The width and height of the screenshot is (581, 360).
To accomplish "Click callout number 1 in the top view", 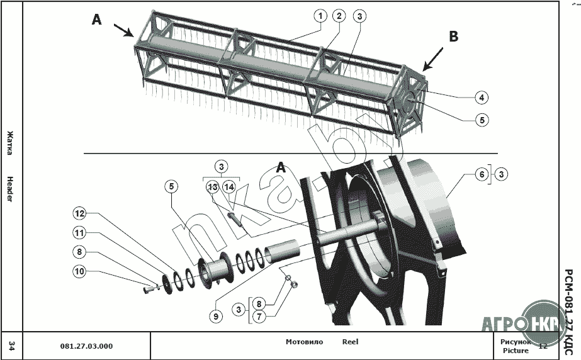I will coord(320,16).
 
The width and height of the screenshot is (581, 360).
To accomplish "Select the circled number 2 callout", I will coord(339,16).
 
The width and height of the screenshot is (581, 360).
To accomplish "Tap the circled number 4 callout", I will coord(481,98).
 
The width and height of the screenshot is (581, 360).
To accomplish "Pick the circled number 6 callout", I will coord(482,174).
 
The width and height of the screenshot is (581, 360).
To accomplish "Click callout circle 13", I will coord(213,187).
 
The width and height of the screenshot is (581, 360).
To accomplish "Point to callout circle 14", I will coord(228,187).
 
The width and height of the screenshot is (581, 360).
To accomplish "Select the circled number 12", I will coord(79,213).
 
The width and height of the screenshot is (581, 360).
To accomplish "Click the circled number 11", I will coord(79,233).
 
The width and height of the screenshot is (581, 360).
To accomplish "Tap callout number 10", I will coord(79,272).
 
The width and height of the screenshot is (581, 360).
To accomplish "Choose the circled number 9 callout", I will coord(215,317).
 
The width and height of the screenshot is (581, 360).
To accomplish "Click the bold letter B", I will coord(454,37).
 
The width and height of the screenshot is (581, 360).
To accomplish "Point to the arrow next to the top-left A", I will coord(123,30).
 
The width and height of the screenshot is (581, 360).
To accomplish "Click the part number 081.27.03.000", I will coord(86,346).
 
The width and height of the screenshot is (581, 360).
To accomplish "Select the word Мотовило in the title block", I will coord(304,342).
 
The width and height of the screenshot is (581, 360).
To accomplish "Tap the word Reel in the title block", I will coord(350,342).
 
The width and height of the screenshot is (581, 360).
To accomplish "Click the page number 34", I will coord(11,346).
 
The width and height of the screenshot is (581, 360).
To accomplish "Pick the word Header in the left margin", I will coord(10,189).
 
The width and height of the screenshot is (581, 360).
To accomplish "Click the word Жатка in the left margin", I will coord(10,143).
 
